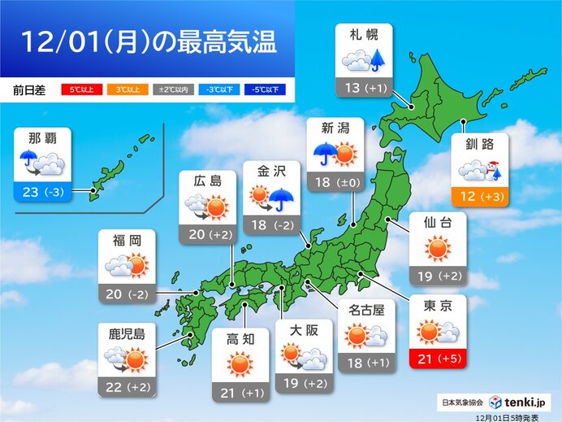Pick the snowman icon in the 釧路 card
pyautogui.click(x=493, y=170)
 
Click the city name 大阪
pyautogui.click(x=304, y=329)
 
